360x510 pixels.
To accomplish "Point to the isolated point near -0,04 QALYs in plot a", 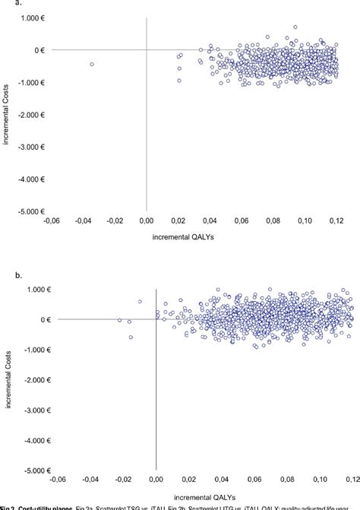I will (92, 64).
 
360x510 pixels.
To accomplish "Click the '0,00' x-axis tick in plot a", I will (147, 221).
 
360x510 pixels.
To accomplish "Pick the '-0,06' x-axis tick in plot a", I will (52, 221).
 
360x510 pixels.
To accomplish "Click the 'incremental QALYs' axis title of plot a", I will (193, 237).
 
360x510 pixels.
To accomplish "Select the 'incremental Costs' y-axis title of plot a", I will (9, 114).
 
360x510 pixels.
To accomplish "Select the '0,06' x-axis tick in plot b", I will (249, 480).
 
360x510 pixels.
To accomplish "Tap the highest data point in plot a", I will (295, 27).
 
